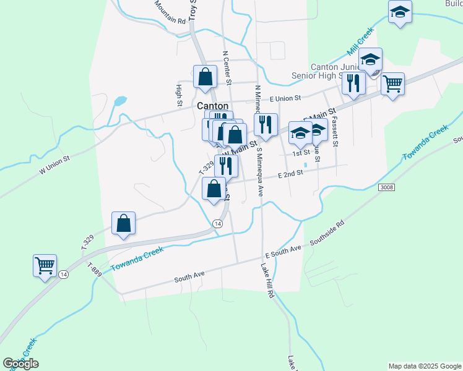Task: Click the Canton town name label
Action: point(212,106)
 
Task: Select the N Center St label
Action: point(227,72)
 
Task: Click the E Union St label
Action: point(284,98)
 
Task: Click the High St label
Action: point(179,94)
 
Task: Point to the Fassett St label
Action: point(335,131)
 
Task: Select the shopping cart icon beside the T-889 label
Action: point(45,266)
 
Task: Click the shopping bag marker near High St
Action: point(206,77)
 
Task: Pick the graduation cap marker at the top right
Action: point(400,12)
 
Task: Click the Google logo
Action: point(20,364)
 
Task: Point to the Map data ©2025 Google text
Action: point(425,366)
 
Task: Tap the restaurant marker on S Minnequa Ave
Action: point(266,125)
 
